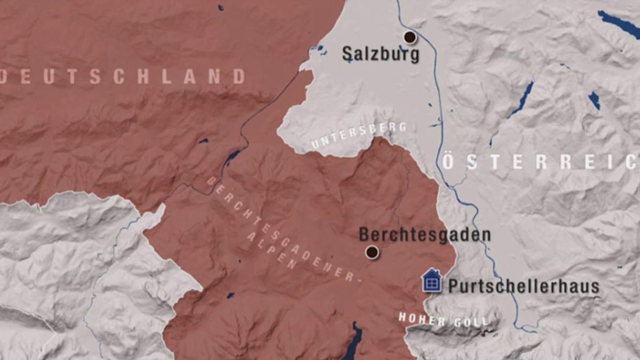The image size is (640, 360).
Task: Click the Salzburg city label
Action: (x=380, y=54)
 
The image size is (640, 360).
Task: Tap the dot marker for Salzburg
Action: (x=410, y=37)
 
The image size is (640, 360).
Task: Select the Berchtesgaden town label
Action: (x=424, y=235)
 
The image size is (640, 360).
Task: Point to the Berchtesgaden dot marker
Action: (x=372, y=252)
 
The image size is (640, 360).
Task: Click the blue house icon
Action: (x=432, y=281)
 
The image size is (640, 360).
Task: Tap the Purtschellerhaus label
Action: (x=523, y=286)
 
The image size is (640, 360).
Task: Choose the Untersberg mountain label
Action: (x=359, y=135)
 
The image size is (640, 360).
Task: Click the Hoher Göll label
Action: (x=443, y=321)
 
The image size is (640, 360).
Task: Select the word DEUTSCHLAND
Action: (x=123, y=77)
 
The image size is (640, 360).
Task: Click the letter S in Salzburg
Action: (x=347, y=53)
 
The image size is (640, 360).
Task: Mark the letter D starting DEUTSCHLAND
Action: (x=2, y=77)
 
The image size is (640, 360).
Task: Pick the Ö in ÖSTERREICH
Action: (x=448, y=162)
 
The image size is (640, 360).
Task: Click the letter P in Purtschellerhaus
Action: (x=453, y=286)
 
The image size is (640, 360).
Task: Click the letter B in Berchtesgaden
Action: (x=364, y=235)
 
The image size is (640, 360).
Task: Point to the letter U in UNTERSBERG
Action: (x=315, y=145)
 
